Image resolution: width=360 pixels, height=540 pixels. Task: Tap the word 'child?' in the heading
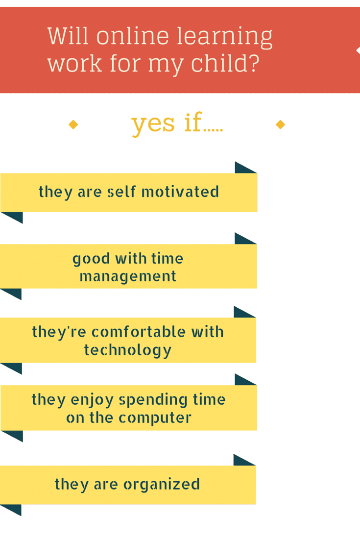[x=225, y=63]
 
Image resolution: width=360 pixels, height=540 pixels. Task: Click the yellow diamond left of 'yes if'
[x=73, y=124]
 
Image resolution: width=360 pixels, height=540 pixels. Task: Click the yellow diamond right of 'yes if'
[x=281, y=124]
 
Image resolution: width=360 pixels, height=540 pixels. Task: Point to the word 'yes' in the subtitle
[x=153, y=124]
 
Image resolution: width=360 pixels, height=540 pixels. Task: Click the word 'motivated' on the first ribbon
[x=180, y=192]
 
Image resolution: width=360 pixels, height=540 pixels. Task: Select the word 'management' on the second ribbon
[x=128, y=276]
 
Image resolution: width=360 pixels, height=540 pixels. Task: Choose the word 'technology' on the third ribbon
[x=128, y=350]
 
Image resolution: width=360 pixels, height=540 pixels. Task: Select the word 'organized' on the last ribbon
[x=162, y=485]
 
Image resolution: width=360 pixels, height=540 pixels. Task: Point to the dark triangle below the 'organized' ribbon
[x=13, y=509]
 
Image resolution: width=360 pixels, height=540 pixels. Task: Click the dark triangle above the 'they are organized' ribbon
[x=241, y=461]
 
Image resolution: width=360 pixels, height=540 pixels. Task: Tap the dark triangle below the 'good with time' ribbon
[x=13, y=293]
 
